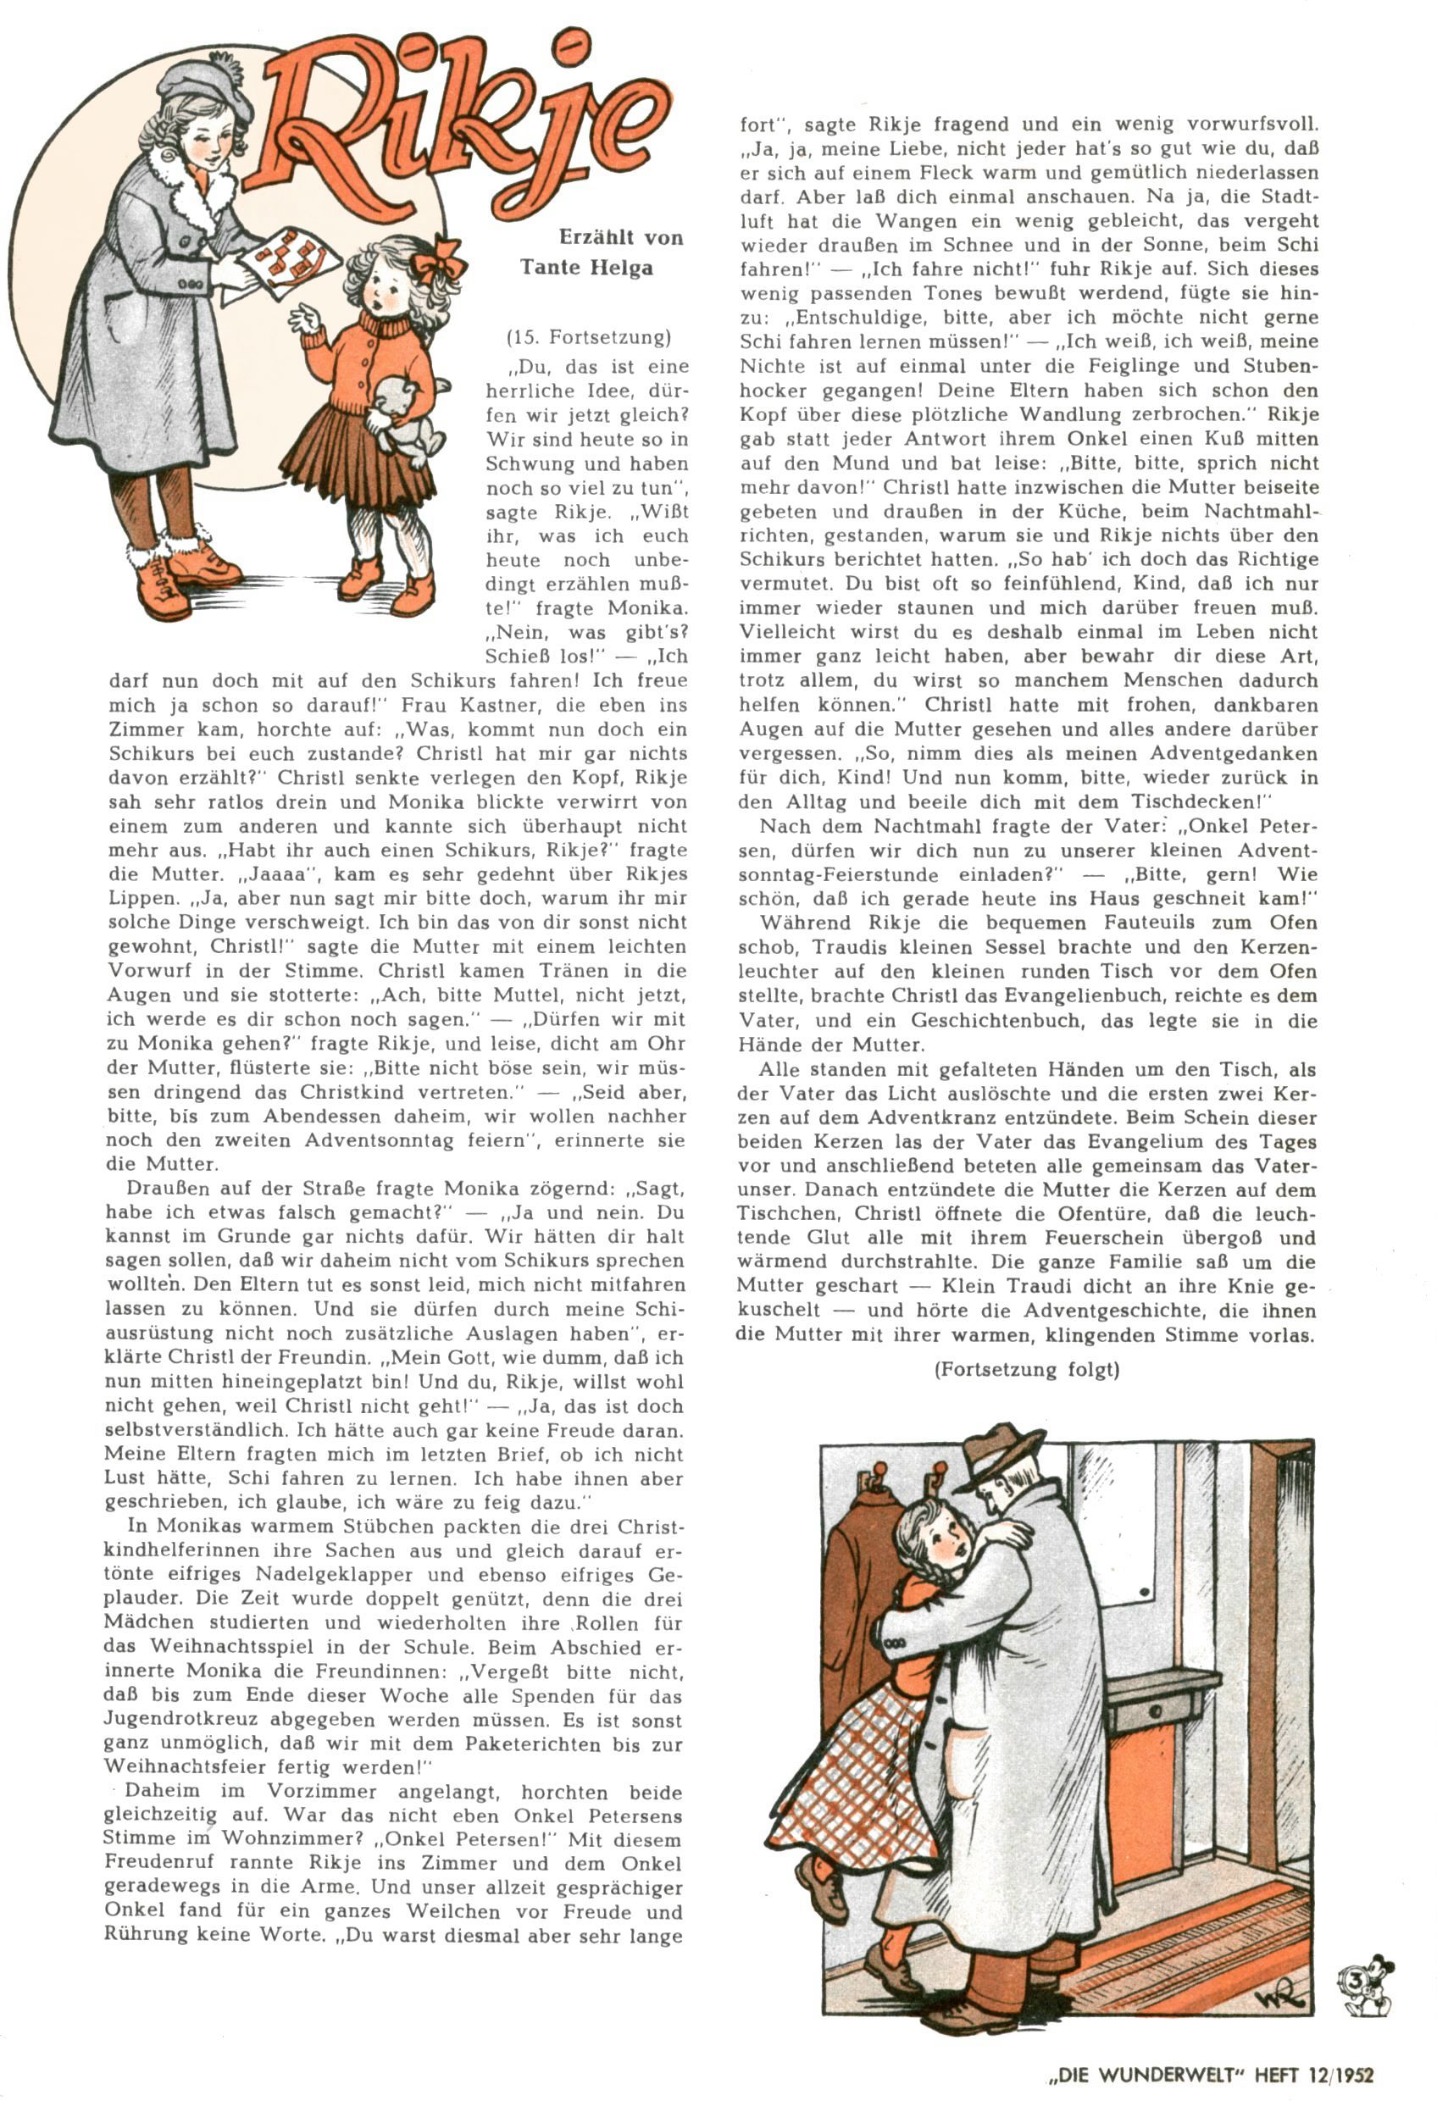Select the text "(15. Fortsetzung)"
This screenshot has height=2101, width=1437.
(x=589, y=338)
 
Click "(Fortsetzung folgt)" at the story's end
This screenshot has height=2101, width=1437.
(x=1026, y=1370)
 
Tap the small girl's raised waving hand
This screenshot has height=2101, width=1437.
(x=305, y=319)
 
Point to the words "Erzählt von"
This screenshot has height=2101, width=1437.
(x=620, y=238)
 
